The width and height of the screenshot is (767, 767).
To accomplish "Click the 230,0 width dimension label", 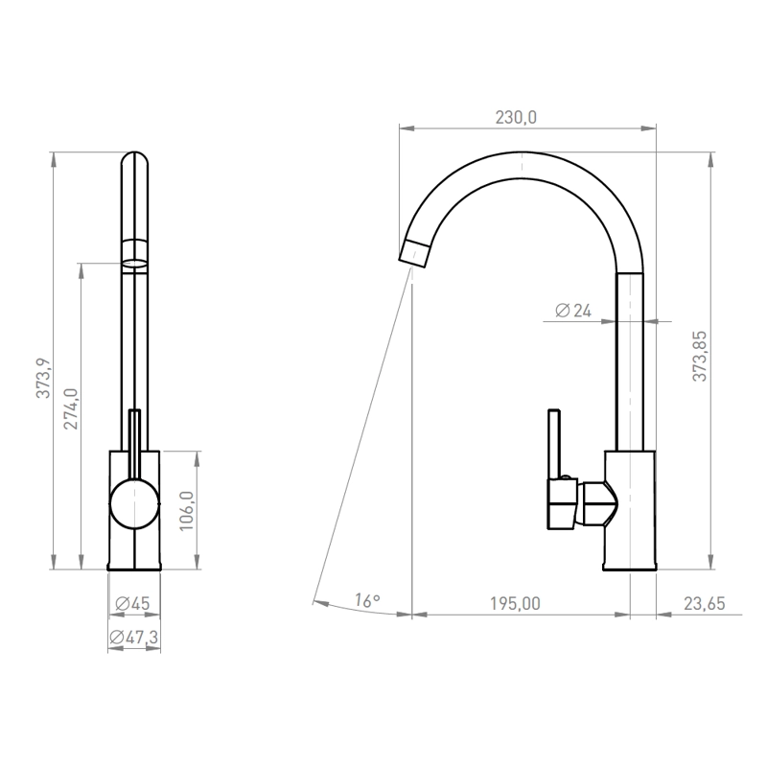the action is [x=516, y=118].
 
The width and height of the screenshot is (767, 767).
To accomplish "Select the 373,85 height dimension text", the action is [x=700, y=356].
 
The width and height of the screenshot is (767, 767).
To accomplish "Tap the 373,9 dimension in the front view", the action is [x=43, y=378].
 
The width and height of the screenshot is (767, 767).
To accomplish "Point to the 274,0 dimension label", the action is [x=71, y=409].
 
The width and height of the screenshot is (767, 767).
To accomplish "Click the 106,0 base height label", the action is [x=187, y=511].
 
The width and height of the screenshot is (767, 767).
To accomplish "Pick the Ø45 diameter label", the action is [x=132, y=604].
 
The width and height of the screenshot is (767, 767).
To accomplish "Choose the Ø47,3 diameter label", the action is [x=134, y=638].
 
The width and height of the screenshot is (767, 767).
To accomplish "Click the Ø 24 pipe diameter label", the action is [x=573, y=310].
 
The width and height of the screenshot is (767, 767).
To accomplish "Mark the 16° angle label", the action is [x=367, y=600].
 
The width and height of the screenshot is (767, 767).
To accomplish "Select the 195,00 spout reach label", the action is [x=515, y=604].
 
